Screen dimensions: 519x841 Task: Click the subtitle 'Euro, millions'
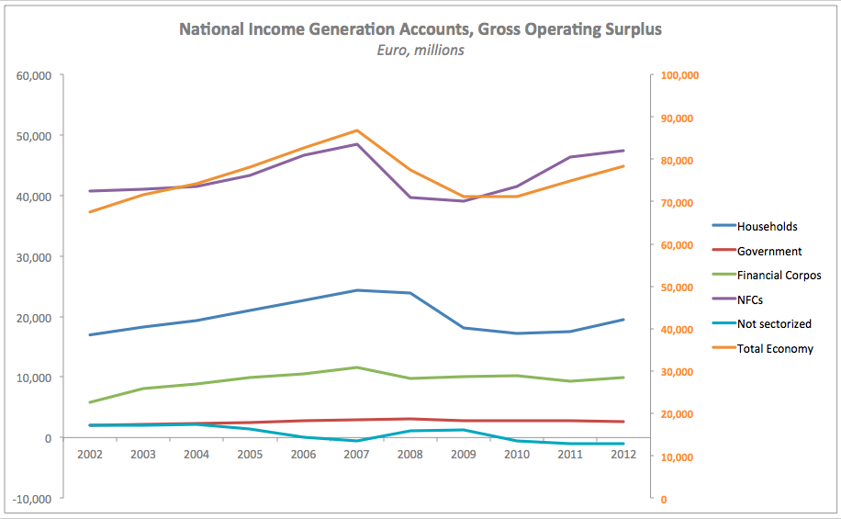coord(420,51)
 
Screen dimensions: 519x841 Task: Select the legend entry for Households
coord(767,226)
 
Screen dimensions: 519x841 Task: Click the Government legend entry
coord(769,251)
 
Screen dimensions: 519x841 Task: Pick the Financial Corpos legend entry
coord(779,275)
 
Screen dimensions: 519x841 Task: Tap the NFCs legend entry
coord(750,299)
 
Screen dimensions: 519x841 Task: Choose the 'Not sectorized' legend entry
coord(774,324)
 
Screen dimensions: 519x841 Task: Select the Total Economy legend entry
coord(775,348)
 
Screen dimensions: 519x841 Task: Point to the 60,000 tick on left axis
coord(34,75)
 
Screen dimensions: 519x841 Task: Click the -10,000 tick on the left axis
coord(32,499)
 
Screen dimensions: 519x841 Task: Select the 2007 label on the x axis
coord(356,454)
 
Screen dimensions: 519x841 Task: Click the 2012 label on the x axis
coord(624,454)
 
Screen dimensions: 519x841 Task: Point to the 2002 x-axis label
coord(89,454)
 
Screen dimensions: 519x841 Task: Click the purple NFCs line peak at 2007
coord(356,144)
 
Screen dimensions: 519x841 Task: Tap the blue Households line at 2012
coord(624,320)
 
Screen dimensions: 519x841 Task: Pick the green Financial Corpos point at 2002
coord(89,402)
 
